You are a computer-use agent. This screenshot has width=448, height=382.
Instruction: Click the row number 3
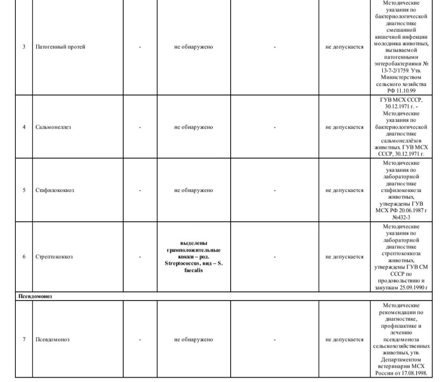tap(24, 47)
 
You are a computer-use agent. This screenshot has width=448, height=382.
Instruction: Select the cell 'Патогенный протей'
tap(60, 47)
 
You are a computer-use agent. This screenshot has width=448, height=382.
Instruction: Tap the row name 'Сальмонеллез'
tap(53, 127)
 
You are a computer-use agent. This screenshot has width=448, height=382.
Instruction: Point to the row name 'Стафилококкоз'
tap(55, 191)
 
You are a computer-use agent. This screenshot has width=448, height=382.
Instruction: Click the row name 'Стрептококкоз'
tap(54, 257)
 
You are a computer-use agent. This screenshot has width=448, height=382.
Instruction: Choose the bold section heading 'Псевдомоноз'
tap(35, 297)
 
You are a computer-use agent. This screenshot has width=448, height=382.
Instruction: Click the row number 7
tap(24, 340)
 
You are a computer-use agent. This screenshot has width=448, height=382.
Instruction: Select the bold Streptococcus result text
tap(194, 257)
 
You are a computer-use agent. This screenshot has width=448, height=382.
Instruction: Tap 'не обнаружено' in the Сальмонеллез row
tap(194, 127)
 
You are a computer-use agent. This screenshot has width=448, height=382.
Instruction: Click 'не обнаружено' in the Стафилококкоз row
tap(194, 191)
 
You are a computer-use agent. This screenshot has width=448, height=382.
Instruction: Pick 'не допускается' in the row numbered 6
tap(344, 257)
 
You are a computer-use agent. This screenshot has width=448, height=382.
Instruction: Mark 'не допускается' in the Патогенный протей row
tap(344, 47)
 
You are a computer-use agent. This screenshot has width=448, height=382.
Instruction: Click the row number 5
tap(24, 191)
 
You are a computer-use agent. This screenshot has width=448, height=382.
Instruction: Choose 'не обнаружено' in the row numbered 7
tap(194, 340)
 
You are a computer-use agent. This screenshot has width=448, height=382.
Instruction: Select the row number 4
tap(24, 127)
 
